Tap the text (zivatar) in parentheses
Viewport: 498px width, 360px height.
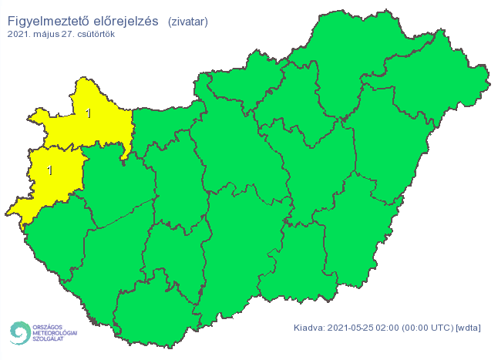pos(187,22)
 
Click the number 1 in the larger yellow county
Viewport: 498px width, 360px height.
pos(89,114)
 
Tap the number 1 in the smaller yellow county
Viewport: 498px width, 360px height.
pos(50,170)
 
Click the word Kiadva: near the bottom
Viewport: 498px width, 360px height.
pos(309,328)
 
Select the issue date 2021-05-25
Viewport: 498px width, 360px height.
pos(352,328)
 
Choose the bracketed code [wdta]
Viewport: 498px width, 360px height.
pos(468,328)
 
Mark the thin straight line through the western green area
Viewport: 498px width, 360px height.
pos(123,213)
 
